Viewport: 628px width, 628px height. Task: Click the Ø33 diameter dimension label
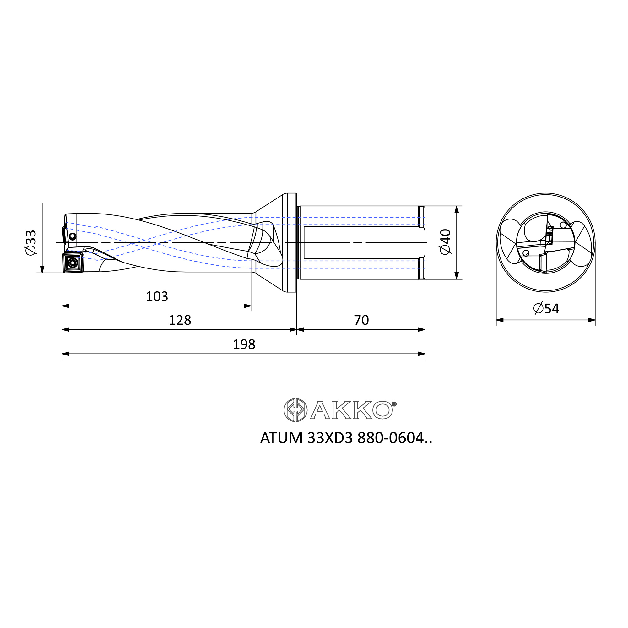(x=31, y=242)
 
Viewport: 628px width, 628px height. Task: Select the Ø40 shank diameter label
(x=445, y=242)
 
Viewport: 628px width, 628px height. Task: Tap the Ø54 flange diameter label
(x=546, y=308)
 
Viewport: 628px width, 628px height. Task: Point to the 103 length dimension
(x=157, y=296)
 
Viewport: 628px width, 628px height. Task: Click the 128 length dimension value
(x=180, y=320)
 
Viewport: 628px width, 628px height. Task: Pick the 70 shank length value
(x=361, y=320)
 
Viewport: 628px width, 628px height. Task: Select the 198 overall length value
(x=244, y=344)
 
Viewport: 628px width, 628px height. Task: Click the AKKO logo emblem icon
(x=295, y=410)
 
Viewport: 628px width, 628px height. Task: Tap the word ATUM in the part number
(x=281, y=438)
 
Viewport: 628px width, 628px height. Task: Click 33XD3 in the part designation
(x=330, y=438)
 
